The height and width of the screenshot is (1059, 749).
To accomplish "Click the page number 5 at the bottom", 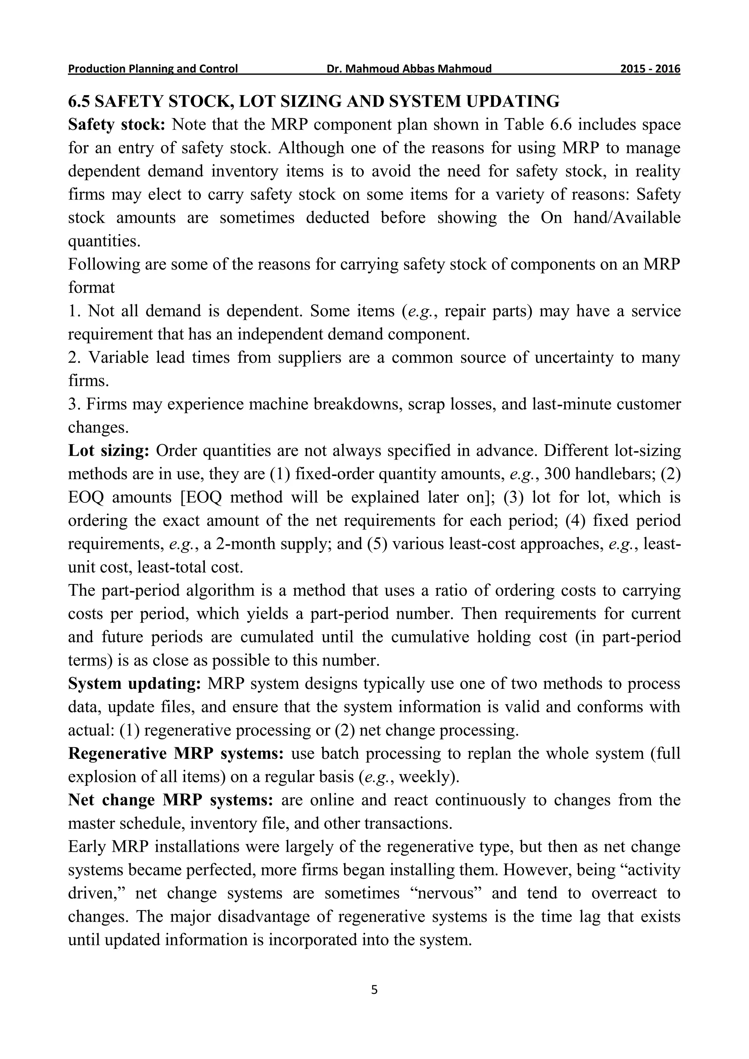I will [374, 990].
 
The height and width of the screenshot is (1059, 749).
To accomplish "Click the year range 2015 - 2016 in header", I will [650, 69].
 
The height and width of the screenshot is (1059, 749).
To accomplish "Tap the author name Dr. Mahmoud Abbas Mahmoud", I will [409, 69].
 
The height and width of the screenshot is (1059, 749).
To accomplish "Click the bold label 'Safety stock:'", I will [116, 125].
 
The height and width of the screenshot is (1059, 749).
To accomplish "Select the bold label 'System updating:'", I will [134, 683].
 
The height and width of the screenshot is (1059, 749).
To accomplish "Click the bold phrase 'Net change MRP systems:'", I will [171, 800].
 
